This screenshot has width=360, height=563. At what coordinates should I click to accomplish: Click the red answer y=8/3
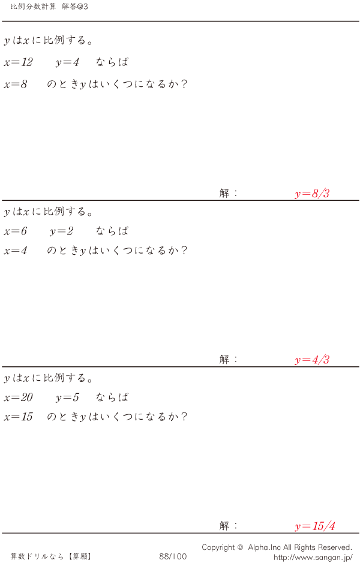coord(312,194)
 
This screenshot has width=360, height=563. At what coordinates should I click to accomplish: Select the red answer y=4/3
coord(312,360)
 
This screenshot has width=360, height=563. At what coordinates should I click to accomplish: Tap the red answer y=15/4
coord(315,526)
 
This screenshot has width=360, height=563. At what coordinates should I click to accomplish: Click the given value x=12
coord(19,62)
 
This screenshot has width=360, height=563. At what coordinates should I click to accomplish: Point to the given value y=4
coord(67,62)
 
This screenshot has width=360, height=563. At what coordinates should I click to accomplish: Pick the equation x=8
coord(16,85)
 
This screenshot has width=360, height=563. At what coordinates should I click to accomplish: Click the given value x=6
coord(16,231)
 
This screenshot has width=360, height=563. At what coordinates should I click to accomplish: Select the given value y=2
coord(61,231)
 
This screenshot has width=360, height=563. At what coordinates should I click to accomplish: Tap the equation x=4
coord(16,251)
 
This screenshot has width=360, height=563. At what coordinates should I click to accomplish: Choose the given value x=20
coord(19,398)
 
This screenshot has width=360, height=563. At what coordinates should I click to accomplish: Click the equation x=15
coord(19,417)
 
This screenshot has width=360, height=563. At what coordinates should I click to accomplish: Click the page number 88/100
coord(173,556)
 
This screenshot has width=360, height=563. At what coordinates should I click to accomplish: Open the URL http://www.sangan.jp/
coord(313,557)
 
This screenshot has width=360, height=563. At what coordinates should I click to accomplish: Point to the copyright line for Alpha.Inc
coord(277,547)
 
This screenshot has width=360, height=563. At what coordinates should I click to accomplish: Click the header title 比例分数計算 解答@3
coord(49,7)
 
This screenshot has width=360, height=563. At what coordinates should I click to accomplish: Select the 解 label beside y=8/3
coord(224,193)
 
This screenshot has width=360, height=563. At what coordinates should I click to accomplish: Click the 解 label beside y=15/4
coord(224,526)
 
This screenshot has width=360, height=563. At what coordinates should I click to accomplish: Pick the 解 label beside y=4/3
coord(224,359)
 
